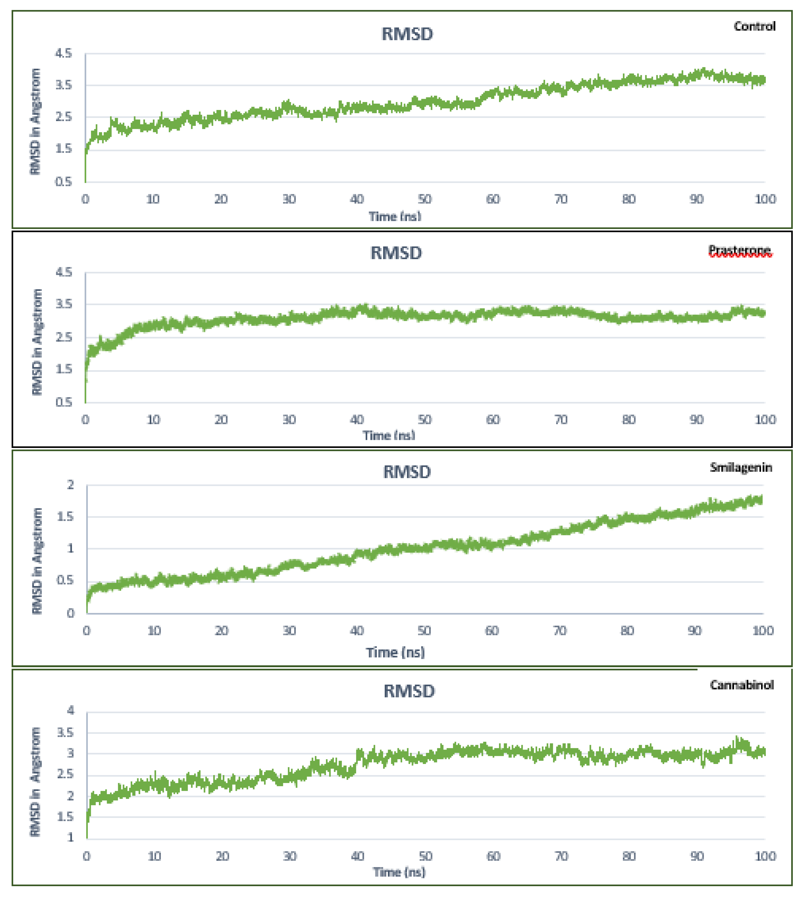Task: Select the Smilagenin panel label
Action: [741, 467]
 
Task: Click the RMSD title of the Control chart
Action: [407, 34]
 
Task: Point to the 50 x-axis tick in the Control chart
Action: [425, 199]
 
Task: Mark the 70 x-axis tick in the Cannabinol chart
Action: [561, 856]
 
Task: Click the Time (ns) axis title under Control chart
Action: [395, 217]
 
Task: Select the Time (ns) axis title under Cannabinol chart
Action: [399, 872]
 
